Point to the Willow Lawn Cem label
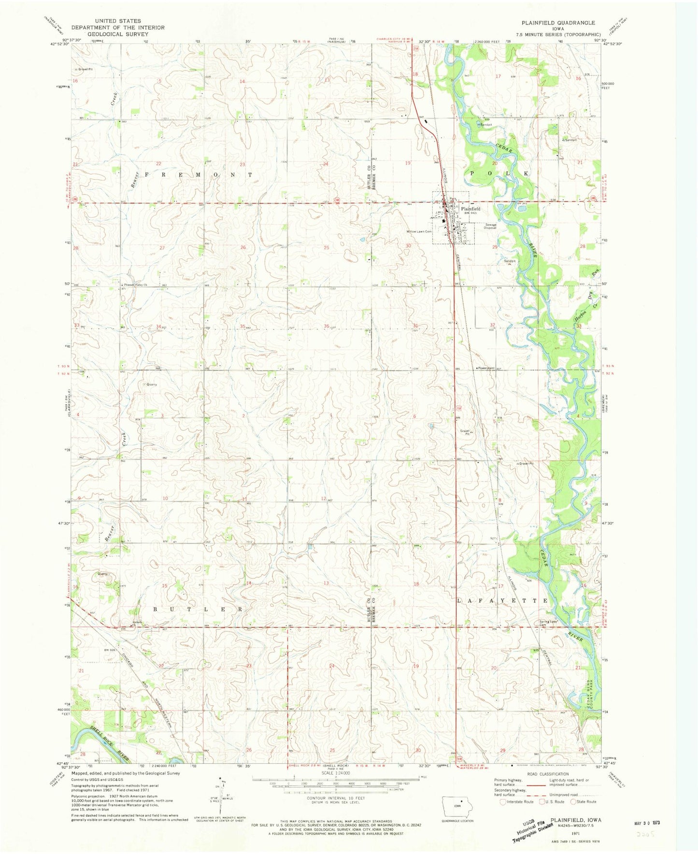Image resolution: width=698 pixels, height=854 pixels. pos(418,232)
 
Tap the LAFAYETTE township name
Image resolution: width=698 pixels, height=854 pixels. pos(502,600)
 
